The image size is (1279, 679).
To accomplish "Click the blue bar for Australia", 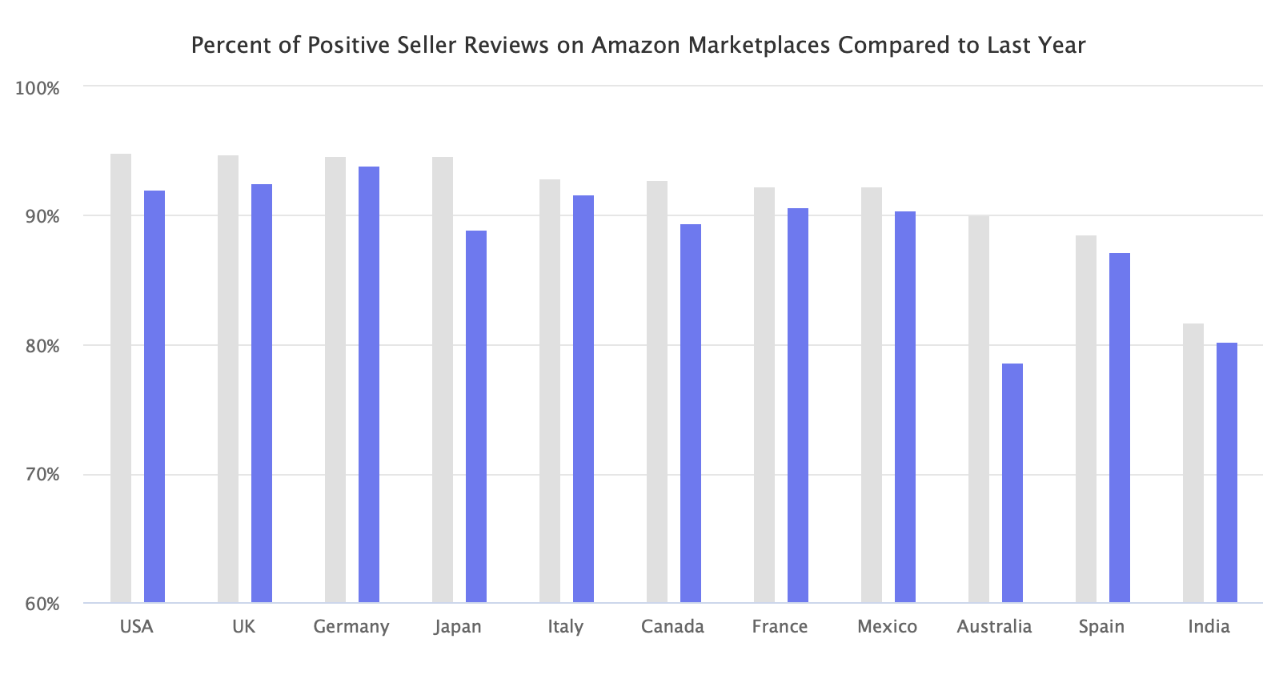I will click(x=1012, y=483).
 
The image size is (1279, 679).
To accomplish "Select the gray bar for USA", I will click(x=121, y=378).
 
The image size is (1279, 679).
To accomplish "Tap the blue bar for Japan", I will click(x=476, y=416).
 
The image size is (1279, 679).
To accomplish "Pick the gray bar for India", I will click(x=1193, y=463).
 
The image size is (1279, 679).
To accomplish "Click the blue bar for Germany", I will click(x=369, y=384).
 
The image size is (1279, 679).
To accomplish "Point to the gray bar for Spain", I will click(x=1085, y=419).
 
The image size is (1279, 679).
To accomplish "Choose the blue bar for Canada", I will click(x=691, y=413).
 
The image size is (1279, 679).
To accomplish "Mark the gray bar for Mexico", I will click(x=871, y=395).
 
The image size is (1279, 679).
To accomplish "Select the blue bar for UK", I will click(x=262, y=393).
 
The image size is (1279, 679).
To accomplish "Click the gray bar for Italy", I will click(x=550, y=391).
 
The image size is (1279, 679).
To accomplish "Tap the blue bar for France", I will click(x=798, y=405).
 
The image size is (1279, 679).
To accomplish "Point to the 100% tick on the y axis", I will click(x=38, y=88).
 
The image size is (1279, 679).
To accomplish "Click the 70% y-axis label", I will click(x=38, y=475).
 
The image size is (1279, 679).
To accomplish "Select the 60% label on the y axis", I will click(x=38, y=604).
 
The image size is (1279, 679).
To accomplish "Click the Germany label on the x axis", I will click(x=351, y=626).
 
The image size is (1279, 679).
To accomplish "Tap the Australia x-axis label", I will click(x=994, y=626).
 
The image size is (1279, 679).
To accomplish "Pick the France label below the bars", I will click(x=780, y=626).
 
